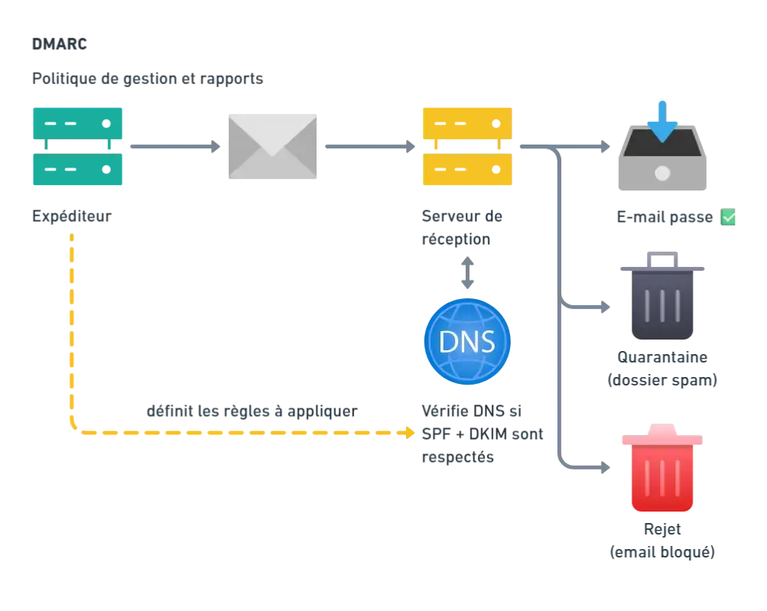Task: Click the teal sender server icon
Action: click(x=79, y=147)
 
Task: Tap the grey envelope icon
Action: click(x=272, y=147)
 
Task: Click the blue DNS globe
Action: click(x=467, y=341)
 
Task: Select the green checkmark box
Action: click(x=729, y=218)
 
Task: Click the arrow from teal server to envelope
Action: click(x=175, y=147)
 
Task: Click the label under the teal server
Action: click(x=72, y=218)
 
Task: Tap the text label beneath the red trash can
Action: click(x=661, y=541)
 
